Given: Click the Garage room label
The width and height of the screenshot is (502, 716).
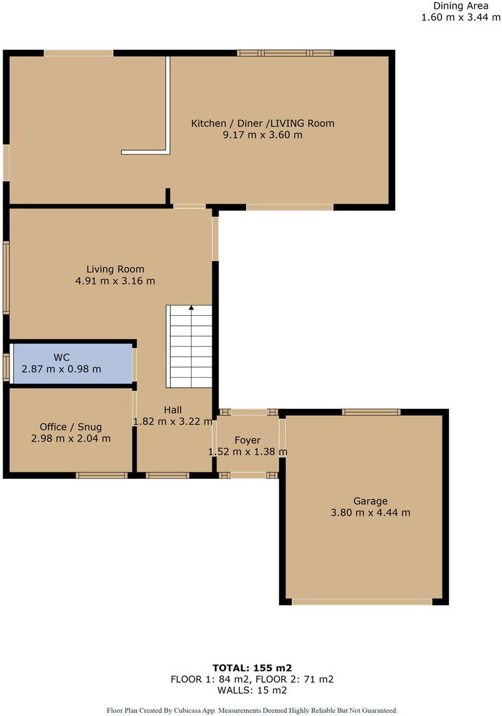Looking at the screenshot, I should point(370,501).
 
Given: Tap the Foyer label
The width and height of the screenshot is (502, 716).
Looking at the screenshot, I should point(247,440).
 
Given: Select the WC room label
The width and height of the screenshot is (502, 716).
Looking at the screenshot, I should point(61,358).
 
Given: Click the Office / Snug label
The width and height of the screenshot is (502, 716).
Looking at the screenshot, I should point(71,427).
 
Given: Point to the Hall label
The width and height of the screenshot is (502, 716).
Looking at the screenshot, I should point(173,410).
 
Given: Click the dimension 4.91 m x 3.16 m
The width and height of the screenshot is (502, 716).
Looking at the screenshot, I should point(115,281).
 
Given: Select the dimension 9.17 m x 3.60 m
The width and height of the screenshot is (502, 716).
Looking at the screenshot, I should point(262,134).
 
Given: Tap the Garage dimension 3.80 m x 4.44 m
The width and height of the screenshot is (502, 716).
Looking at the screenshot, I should point(370,512).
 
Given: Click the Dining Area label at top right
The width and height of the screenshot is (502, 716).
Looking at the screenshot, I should point(461,6).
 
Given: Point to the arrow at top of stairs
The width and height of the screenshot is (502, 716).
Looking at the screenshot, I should point(191,308).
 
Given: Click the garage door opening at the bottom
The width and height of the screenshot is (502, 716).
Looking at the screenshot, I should point(362,602).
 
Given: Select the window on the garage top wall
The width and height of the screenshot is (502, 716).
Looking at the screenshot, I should point(371,412).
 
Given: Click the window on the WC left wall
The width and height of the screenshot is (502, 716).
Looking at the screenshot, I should point(6,367).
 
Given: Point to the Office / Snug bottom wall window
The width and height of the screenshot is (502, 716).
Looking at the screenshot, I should point(101,476).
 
